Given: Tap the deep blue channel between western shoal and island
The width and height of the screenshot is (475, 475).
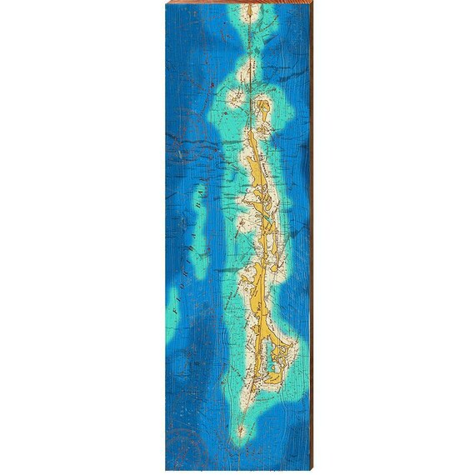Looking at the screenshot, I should click(x=218, y=242).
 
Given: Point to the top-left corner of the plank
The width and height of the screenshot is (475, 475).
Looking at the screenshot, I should click(x=166, y=2).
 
